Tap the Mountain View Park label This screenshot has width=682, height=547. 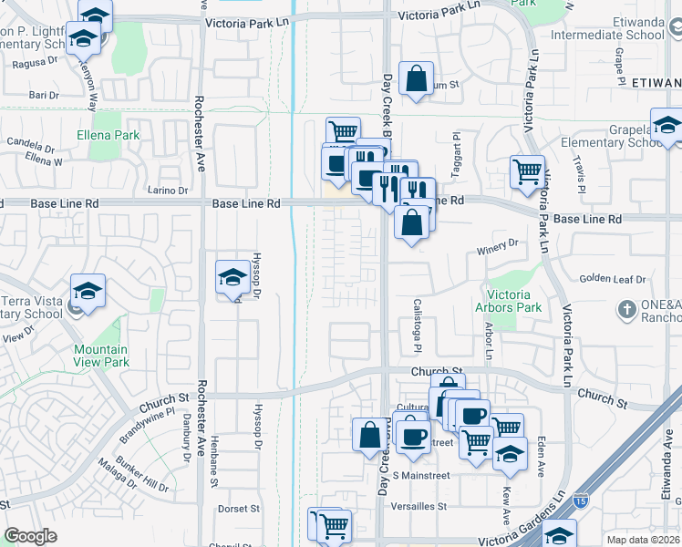coord(101,356)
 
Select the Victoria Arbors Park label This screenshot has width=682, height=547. coord(514,301)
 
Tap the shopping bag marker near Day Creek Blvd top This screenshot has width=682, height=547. coord(416,78)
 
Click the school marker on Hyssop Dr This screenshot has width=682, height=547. coord(232,277)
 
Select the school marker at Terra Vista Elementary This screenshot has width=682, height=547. coord(88,292)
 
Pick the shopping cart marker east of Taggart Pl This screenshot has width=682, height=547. coord(528,170)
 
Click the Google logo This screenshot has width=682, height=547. coord(30,536)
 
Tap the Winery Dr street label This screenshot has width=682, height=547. coord(497,243)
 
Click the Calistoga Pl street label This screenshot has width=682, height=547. coord(418,326)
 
